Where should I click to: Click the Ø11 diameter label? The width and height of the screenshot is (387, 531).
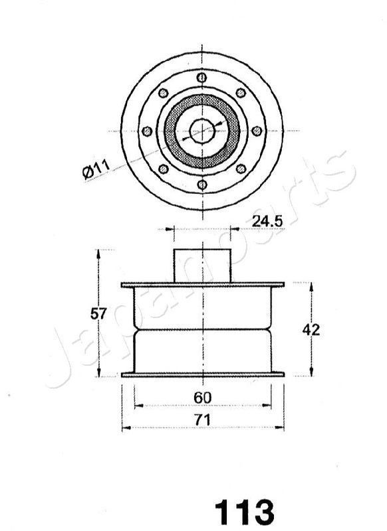point(96,169)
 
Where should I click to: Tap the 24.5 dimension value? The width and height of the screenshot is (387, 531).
point(267,222)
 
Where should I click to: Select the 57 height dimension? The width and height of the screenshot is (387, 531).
point(98,314)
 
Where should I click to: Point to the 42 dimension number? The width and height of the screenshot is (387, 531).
point(311,329)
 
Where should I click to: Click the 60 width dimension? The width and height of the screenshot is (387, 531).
point(203,398)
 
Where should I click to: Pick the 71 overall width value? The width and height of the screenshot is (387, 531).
point(203,420)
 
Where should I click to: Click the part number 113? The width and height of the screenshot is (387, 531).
point(245,512)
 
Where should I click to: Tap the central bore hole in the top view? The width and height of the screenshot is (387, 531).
point(202,131)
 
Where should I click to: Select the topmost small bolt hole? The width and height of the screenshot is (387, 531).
point(201,78)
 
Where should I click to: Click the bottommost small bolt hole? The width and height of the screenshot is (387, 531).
point(202,185)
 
